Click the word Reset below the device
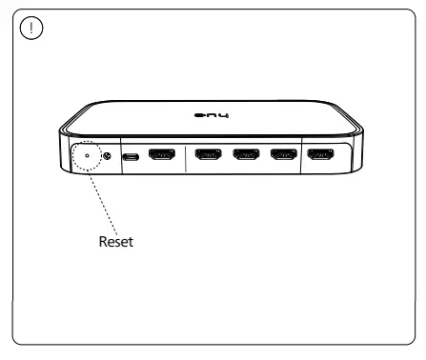[x=117, y=242]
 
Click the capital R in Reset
[x=104, y=242]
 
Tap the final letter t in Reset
[x=134, y=242]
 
